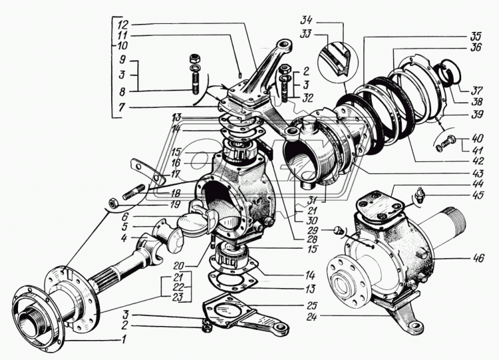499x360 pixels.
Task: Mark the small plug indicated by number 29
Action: click(339, 231)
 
